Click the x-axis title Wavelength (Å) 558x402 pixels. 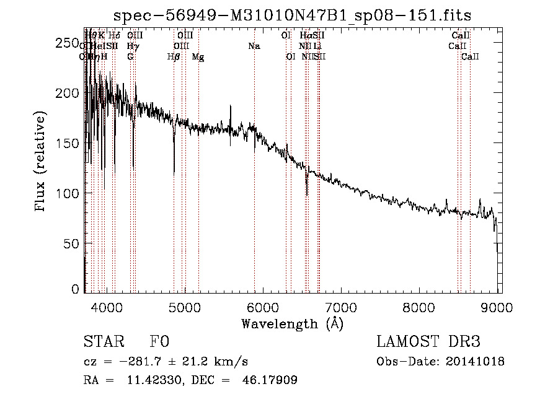pos(292,323)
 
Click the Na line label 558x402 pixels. pos(254,46)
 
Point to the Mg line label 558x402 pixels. pos(198,57)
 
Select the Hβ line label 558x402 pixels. pos(174,57)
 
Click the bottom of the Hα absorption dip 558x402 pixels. pos(307,194)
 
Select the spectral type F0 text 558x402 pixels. pos(159,342)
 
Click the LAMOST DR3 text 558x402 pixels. pos(428,342)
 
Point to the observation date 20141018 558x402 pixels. pos(475,362)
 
